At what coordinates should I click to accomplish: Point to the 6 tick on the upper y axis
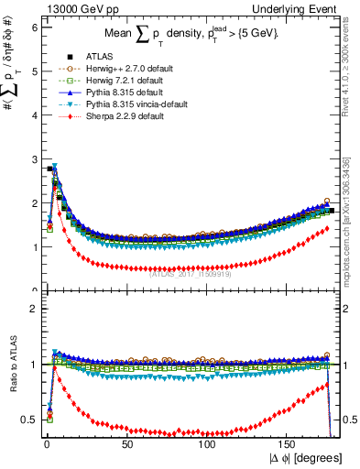point(34,27)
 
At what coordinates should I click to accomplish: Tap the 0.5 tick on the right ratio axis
point(350,420)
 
